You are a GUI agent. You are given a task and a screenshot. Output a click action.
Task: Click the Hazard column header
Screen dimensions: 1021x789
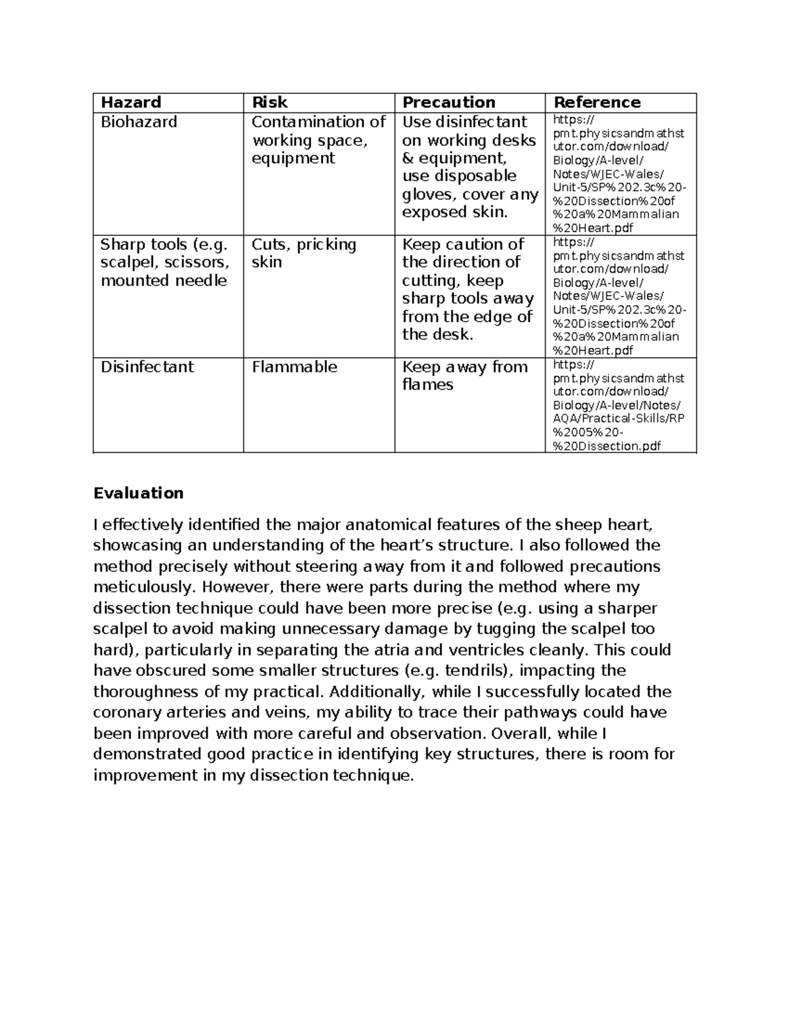(130, 103)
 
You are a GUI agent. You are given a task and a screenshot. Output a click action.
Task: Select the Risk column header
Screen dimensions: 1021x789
(270, 103)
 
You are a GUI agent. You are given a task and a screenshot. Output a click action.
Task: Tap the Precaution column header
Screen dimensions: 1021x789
(448, 103)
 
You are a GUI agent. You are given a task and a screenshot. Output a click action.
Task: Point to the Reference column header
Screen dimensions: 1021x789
(597, 103)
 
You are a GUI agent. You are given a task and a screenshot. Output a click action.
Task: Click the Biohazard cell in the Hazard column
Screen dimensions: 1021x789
(139, 122)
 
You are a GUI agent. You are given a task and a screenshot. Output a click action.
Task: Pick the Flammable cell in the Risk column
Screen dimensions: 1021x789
(294, 367)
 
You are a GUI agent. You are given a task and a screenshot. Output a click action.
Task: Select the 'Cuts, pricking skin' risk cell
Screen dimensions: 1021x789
(303, 253)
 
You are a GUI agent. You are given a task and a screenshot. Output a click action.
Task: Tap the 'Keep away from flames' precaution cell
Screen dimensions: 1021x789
(464, 375)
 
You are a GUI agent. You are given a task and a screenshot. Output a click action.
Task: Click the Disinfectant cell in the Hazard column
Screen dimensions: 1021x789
(147, 367)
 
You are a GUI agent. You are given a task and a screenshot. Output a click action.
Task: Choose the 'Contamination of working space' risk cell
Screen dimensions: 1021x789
(318, 140)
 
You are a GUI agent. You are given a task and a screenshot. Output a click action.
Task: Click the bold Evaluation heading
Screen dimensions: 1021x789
(138, 493)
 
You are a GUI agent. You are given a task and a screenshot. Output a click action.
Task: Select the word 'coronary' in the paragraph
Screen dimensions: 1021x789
(124, 713)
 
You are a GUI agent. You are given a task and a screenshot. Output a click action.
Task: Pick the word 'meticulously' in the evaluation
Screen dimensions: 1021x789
(136, 587)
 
